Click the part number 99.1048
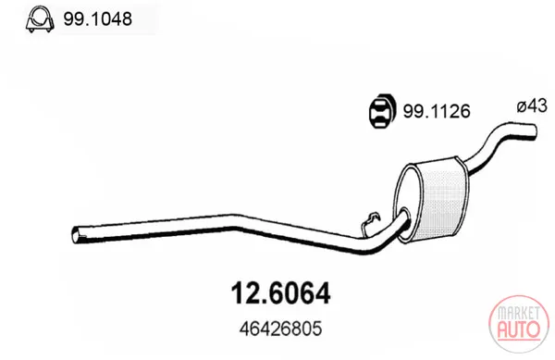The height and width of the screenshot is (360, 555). click(98, 19)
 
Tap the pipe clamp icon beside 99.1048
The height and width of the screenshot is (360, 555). click(40, 19)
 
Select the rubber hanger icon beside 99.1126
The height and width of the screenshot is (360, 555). click(381, 111)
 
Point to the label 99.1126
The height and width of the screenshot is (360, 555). click(437, 111)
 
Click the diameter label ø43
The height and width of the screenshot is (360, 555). click(532, 106)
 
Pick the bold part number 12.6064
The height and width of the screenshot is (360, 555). click(280, 293)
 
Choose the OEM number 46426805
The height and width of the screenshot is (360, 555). click(280, 329)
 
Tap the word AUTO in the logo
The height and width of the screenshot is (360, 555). click(519, 329)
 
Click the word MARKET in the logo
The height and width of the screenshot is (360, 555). click(519, 313)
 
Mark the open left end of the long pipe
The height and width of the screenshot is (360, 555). click(76, 235)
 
